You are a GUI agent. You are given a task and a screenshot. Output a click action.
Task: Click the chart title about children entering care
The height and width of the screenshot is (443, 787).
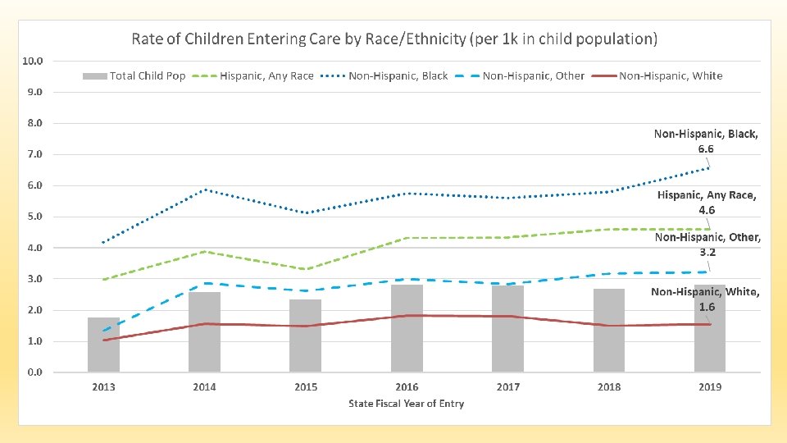tap(394, 39)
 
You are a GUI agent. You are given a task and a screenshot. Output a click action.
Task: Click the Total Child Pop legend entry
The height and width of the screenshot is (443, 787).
tap(134, 76)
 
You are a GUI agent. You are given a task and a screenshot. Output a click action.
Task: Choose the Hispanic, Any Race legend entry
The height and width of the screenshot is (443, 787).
tap(253, 76)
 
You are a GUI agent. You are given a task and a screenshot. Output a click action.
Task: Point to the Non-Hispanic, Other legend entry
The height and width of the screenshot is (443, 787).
tap(521, 76)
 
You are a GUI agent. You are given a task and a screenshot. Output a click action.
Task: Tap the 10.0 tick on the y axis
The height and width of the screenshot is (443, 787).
tap(34, 61)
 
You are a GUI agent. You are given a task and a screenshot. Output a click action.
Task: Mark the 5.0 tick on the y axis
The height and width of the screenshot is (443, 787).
tap(34, 217)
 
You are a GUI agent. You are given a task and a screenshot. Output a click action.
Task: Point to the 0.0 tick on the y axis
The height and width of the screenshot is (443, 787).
tap(34, 372)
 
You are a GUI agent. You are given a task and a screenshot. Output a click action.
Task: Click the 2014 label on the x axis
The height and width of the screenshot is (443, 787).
tap(204, 387)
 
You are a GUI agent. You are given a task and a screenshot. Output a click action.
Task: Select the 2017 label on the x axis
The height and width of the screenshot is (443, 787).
tap(507, 387)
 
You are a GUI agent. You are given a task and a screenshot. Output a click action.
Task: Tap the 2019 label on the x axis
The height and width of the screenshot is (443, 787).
tap(710, 387)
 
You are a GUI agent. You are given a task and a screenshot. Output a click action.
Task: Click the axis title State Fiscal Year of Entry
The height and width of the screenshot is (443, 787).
tap(407, 404)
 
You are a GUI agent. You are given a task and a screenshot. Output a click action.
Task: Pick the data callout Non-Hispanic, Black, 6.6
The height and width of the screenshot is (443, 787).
tap(706, 141)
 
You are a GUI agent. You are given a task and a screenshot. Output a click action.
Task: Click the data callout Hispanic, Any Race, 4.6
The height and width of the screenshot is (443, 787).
tap(706, 203)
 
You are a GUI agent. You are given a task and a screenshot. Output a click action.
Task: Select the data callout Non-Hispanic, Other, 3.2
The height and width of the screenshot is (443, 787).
tap(706, 244)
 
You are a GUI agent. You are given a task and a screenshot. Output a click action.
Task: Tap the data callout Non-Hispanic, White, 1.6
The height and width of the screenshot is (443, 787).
tap(706, 299)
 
